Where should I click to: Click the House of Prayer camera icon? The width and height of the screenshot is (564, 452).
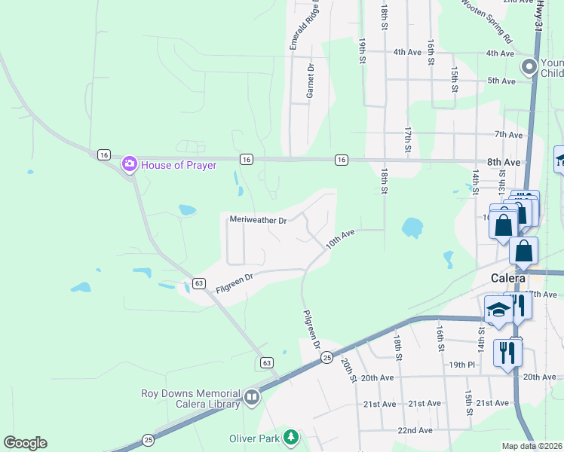(130, 163)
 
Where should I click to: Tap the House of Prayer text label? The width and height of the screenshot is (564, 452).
(179, 165)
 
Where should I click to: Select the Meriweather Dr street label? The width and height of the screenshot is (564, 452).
(258, 221)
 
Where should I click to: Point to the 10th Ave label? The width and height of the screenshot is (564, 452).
(340, 240)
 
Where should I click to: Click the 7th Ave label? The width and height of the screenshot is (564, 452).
(508, 135)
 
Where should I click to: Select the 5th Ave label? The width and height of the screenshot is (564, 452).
(501, 80)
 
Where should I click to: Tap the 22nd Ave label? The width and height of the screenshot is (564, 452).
(416, 430)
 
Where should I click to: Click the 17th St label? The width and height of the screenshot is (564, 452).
(407, 140)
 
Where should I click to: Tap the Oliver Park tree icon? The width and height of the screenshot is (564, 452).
(290, 438)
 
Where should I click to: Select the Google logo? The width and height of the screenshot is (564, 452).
(25, 443)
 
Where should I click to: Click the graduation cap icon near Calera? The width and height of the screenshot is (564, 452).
(498, 310)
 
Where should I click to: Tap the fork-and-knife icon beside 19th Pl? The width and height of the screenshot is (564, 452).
(507, 352)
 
